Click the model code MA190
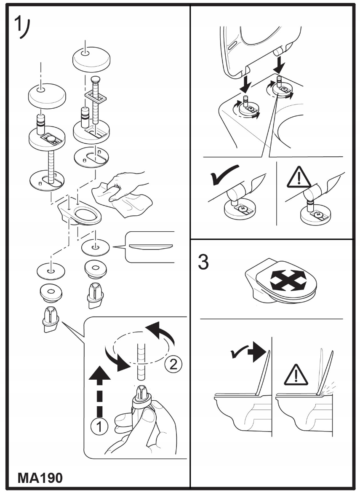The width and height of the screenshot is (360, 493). coord(40,478)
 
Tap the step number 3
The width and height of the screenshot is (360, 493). coord(203,263)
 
